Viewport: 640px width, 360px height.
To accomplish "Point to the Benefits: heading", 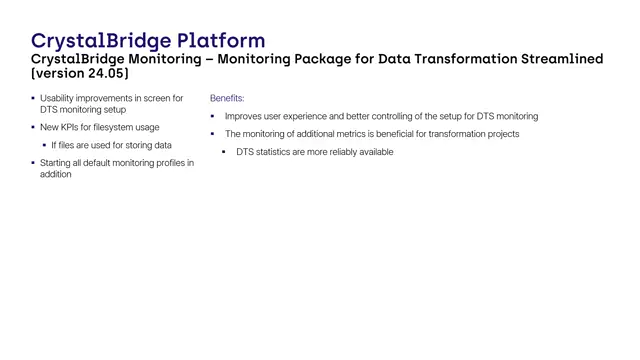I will click(x=227, y=99).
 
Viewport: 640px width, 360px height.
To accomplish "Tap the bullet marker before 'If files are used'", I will click(x=44, y=145).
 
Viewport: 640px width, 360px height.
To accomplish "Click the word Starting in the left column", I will click(x=57, y=162).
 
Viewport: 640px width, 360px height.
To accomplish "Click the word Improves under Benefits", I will click(x=243, y=116).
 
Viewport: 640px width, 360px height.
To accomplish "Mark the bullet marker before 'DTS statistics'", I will click(x=224, y=152).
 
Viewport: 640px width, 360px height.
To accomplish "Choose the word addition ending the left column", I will click(x=56, y=174).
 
